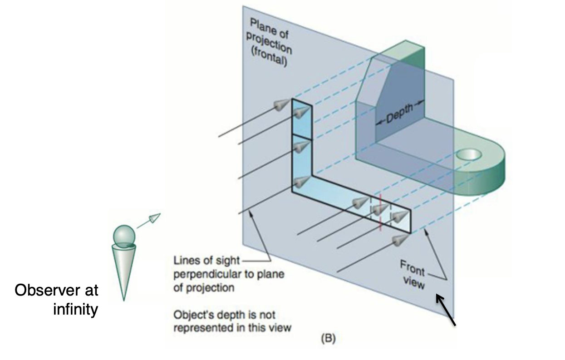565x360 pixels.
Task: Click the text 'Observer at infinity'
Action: tap(56, 300)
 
